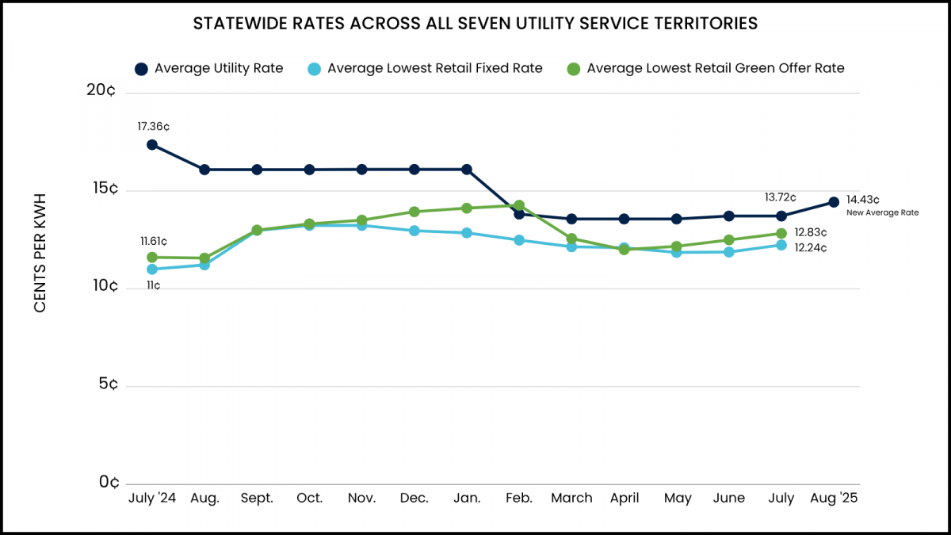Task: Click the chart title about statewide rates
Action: coord(475,24)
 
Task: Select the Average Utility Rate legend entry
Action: coord(210,68)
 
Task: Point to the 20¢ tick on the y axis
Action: coord(102,90)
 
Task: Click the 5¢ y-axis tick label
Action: coord(109,384)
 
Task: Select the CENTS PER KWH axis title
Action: coord(40,252)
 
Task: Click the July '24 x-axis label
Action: coord(152,498)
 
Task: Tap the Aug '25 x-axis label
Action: coord(834,498)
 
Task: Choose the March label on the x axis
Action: coord(571,498)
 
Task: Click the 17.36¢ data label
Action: coord(154,126)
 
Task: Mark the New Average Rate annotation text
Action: coord(882,212)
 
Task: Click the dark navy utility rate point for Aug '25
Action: coord(834,202)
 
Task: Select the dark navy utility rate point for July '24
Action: coord(151,145)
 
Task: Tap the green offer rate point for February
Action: coord(519,205)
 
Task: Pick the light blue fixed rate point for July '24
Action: coord(151,269)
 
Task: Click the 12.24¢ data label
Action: coord(811,248)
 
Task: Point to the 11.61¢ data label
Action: coord(154,241)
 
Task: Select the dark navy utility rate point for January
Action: coord(467,170)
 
